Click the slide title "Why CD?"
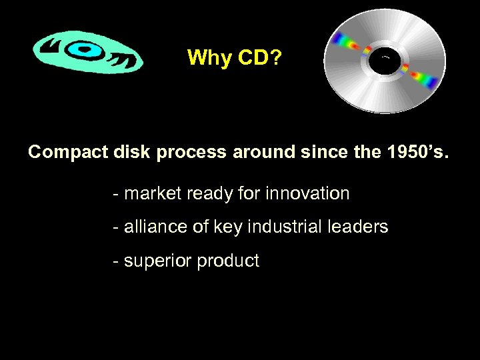[234, 58]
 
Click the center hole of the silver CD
[385, 61]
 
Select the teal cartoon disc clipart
[87, 53]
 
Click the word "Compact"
[63, 152]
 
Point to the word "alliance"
[153, 227]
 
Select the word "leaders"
[361, 227]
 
